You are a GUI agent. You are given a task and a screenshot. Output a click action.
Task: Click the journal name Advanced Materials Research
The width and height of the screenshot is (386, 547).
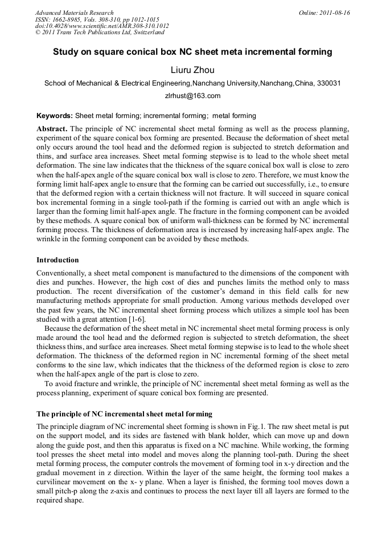click(74, 13)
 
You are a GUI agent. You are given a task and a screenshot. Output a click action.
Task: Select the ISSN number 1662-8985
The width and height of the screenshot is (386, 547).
click(67, 19)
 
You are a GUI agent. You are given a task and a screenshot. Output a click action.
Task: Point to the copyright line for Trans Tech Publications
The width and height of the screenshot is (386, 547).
click(100, 33)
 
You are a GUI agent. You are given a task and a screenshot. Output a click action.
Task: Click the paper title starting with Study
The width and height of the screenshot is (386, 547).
click(192, 52)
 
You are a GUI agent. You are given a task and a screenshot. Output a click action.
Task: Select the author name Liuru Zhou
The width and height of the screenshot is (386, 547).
click(192, 69)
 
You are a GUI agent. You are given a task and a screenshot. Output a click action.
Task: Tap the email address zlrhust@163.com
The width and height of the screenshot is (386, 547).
click(192, 96)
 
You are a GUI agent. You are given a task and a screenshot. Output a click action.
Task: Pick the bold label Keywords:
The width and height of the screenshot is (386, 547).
click(55, 115)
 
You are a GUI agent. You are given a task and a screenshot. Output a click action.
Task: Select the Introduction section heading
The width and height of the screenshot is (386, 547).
click(58, 260)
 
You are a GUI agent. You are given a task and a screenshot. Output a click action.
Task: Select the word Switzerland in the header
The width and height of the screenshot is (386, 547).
click(145, 33)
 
